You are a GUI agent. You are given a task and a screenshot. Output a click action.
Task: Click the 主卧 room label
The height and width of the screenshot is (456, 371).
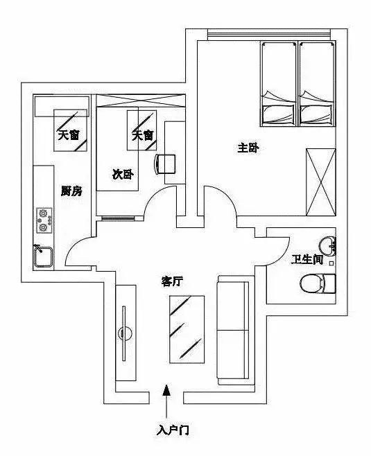pyautogui.click(x=248, y=148)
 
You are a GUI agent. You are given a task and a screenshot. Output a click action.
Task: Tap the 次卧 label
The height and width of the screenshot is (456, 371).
pyautogui.click(x=123, y=175)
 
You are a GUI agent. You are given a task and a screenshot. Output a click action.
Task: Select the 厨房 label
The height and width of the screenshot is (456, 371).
pyautogui.click(x=71, y=191)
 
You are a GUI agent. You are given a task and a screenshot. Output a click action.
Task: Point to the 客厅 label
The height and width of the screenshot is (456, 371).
pyautogui.click(x=172, y=281)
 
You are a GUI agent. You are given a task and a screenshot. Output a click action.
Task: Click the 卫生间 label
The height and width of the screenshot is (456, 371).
pyautogui.click(x=308, y=259)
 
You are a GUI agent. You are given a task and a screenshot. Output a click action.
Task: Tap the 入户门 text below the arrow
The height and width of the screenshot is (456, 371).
pyautogui.click(x=173, y=430)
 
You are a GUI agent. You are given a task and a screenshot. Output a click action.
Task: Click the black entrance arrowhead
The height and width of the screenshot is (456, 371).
pyautogui.click(x=166, y=390)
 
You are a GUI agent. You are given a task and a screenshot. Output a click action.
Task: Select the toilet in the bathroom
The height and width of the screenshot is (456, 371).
pyautogui.click(x=318, y=283)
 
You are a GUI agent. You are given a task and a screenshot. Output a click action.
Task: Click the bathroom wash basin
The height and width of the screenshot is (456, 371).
pyautogui.click(x=327, y=247)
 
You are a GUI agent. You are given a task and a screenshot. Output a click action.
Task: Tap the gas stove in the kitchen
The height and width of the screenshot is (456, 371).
pyautogui.click(x=44, y=220)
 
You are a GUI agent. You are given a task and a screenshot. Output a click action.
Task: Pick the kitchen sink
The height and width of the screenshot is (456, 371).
pyautogui.click(x=43, y=256)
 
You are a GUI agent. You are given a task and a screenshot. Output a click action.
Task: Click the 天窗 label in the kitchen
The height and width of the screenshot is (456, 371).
pyautogui.click(x=69, y=135)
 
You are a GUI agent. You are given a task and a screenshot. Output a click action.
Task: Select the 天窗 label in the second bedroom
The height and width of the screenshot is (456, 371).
pyautogui.click(x=143, y=135)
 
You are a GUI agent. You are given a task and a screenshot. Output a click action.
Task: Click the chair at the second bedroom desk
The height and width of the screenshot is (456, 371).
pyautogui.click(x=164, y=164)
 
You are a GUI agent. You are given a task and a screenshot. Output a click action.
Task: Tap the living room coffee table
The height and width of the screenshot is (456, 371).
pyautogui.click(x=187, y=329)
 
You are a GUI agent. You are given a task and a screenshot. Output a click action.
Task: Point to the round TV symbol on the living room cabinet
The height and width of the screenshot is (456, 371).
pyautogui.click(x=125, y=333)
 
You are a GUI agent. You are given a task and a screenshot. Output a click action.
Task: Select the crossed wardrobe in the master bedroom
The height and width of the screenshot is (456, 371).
pyautogui.click(x=321, y=182)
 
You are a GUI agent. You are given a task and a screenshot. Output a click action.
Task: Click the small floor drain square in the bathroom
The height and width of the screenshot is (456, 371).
pyautogui.click(x=331, y=263)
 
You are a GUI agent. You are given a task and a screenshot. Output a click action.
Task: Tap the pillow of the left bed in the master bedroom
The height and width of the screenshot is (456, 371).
pyautogui.click(x=278, y=114)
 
